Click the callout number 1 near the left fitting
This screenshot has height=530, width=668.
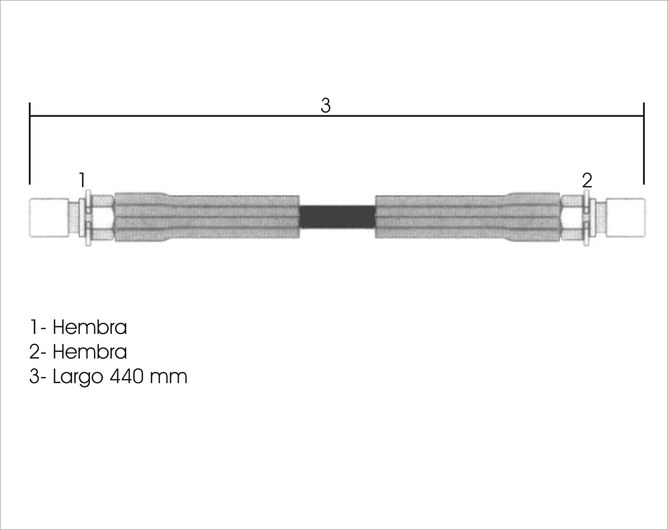[x=82, y=180]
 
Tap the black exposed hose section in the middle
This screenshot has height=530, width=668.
[x=337, y=217]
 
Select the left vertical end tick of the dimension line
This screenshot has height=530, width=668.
[x=30, y=143]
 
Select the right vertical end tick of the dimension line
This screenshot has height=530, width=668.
[x=644, y=143]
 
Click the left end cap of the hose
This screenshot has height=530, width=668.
[x=49, y=218]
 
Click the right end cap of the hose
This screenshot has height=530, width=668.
[x=626, y=218]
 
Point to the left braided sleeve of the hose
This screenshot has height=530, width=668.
[x=207, y=217]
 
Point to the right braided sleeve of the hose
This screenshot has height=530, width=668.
[x=468, y=217]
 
